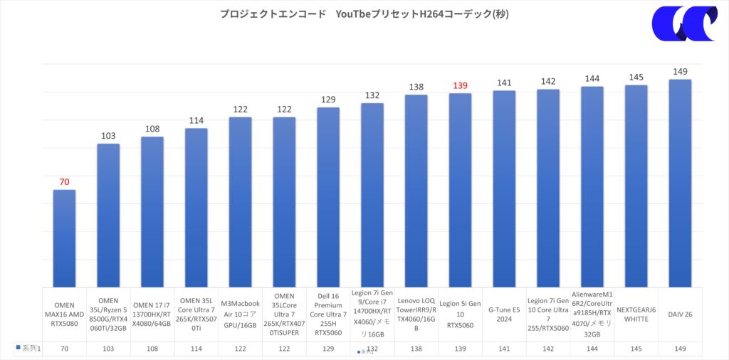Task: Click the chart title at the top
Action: (364, 14)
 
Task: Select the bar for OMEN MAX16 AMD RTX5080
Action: (64, 238)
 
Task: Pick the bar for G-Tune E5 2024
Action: (504, 189)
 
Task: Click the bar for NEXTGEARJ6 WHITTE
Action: (636, 186)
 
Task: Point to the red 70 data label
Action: (64, 182)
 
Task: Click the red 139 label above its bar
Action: (460, 85)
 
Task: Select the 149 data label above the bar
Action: (681, 71)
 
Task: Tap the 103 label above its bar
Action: (108, 136)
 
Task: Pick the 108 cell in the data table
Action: (152, 349)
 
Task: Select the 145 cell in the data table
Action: (636, 349)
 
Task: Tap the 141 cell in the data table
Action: (504, 349)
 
